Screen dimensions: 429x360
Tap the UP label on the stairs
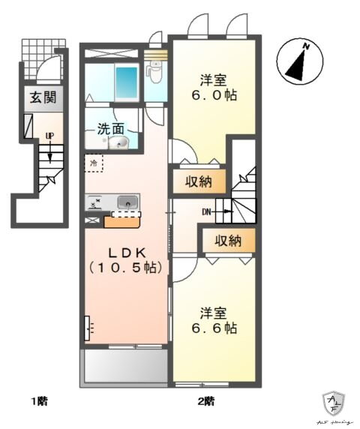point(49,136)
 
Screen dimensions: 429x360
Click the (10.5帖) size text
point(127,266)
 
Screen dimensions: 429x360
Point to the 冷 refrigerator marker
point(94,162)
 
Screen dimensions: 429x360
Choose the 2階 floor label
point(206,400)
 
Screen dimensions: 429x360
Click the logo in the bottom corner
point(332,406)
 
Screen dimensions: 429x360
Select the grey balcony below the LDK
point(124,367)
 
